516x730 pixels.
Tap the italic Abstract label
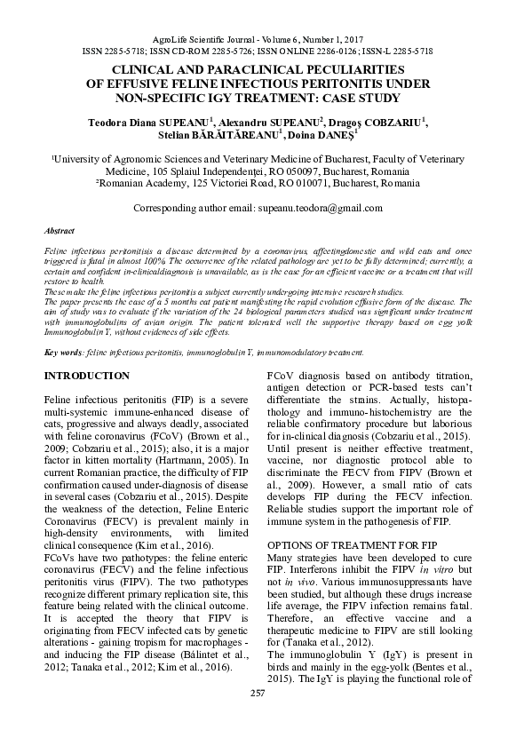[60, 230]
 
